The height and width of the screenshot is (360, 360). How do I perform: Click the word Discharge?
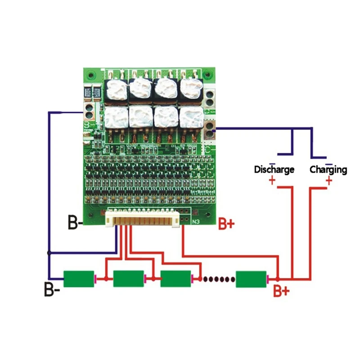[274, 170]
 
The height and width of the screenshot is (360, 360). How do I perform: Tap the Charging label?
[328, 170]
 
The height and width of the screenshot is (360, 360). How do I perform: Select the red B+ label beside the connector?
[226, 224]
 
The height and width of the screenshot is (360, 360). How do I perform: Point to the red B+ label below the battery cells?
[282, 292]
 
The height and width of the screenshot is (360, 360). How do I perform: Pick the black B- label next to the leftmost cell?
[52, 288]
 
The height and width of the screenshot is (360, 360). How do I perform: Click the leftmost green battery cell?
[79, 279]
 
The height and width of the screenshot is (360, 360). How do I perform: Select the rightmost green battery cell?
[251, 279]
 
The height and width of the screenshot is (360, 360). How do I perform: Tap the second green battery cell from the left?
[128, 279]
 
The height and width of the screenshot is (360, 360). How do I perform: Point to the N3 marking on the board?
[196, 221]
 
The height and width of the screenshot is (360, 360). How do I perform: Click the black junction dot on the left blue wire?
[49, 253]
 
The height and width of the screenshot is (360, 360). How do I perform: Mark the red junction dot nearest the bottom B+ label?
[278, 279]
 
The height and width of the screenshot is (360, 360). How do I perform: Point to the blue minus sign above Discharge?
[272, 163]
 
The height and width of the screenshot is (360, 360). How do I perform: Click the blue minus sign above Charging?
[329, 163]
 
